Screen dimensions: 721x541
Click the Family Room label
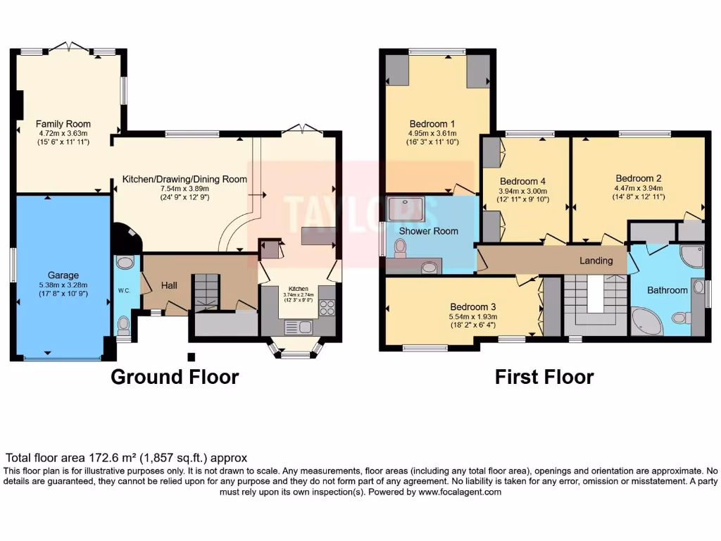point(63,124)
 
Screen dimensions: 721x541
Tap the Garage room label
point(63,275)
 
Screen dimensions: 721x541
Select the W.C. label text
point(124,290)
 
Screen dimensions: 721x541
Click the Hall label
point(169,286)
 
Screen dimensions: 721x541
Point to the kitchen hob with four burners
point(327,307)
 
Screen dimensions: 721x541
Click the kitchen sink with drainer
point(298,328)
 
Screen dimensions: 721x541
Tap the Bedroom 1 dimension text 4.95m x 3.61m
point(432,133)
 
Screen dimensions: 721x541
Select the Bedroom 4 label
point(523,181)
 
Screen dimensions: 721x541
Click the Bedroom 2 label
point(638,178)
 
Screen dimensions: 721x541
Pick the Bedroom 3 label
point(472,307)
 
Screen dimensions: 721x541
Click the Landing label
point(596,261)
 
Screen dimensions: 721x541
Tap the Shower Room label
point(429,231)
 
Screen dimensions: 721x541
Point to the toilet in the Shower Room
point(401,248)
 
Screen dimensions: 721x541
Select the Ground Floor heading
point(175,377)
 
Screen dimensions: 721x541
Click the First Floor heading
point(544,377)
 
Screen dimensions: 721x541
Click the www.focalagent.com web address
point(460,492)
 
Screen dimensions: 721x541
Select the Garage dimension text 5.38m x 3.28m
point(63,285)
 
